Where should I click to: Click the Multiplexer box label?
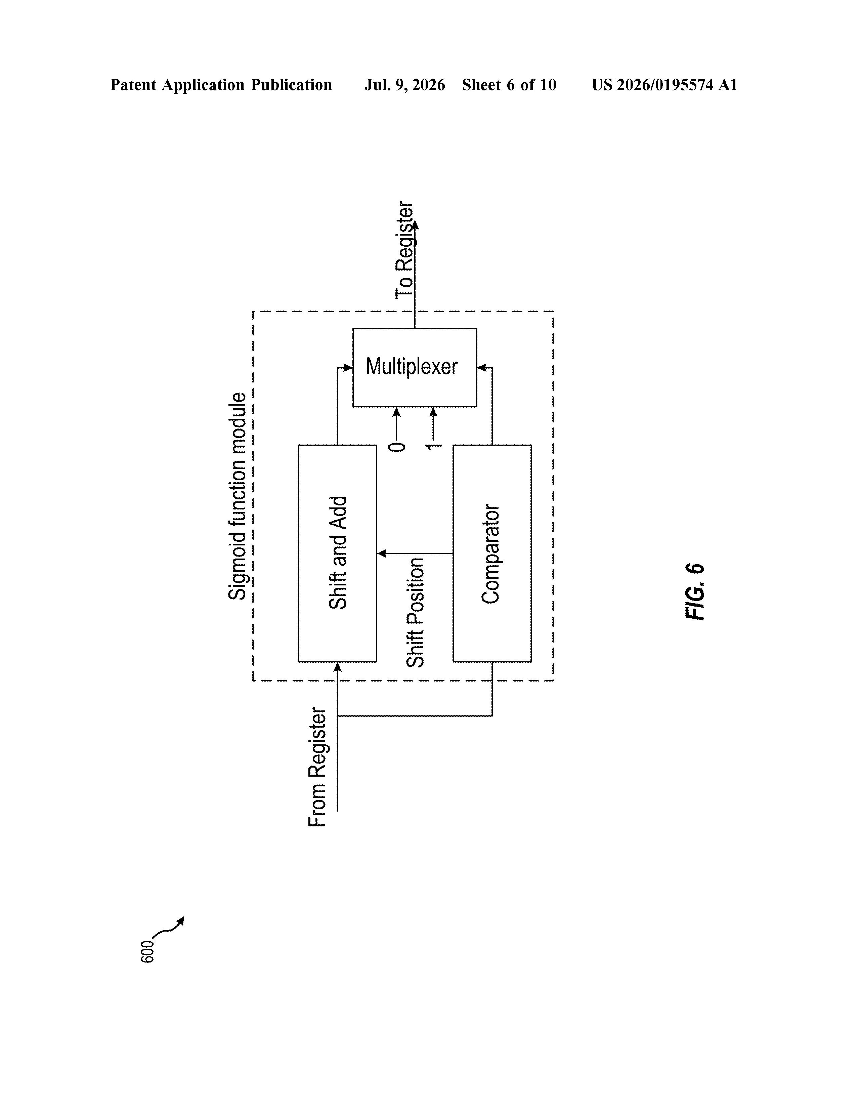tap(412, 367)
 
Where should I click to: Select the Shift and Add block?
tap(338, 553)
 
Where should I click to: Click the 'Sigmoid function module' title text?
tap(238, 496)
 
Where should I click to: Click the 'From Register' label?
tap(317, 767)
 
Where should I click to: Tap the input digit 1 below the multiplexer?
tap(433, 447)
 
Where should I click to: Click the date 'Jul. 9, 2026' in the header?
tap(404, 85)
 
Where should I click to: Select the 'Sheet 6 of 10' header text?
tap(509, 85)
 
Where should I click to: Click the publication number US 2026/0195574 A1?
tap(664, 85)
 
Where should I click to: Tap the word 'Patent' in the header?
tap(133, 85)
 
